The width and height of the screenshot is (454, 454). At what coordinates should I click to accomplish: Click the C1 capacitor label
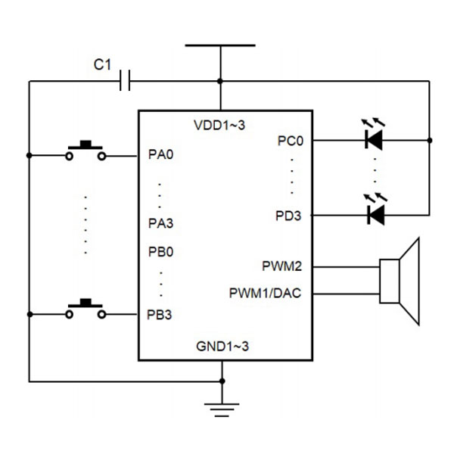tap(102, 66)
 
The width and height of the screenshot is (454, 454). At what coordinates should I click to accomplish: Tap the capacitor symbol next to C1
tap(126, 80)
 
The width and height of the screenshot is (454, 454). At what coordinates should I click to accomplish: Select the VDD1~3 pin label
tap(220, 126)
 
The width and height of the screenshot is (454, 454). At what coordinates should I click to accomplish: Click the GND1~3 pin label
tap(220, 346)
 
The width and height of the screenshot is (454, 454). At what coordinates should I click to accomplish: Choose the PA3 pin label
tap(160, 223)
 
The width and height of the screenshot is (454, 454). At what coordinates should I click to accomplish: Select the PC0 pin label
tap(291, 140)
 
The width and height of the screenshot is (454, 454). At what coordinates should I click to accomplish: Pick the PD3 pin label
tap(289, 216)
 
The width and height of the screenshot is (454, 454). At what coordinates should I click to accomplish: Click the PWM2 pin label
tap(282, 266)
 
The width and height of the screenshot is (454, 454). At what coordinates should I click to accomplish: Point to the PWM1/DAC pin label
tap(266, 292)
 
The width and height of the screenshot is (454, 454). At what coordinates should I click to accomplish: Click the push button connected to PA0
tap(86, 151)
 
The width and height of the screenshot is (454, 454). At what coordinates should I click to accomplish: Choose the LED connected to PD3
tap(374, 216)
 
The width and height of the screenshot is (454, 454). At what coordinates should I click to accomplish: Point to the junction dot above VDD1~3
tap(220, 80)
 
